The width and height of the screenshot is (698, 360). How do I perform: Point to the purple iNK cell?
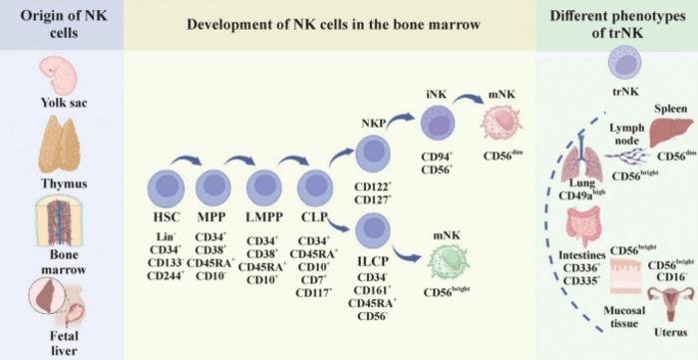click(439, 126)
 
